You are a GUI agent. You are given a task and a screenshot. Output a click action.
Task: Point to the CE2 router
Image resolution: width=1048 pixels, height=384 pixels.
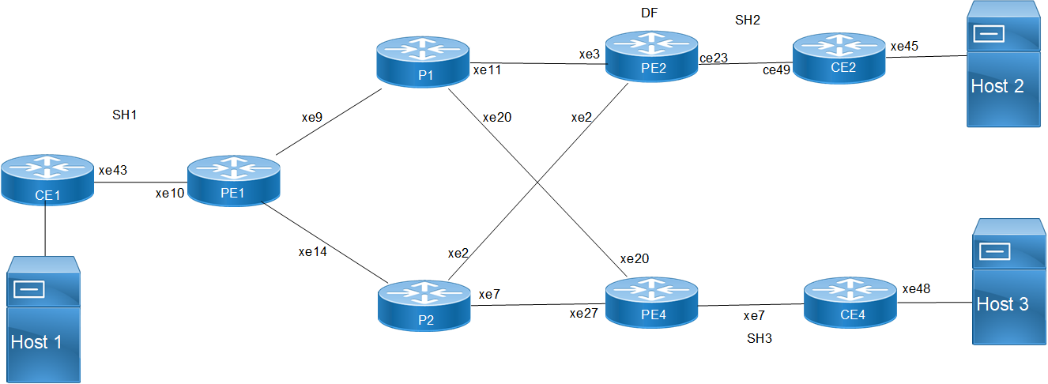point(839,57)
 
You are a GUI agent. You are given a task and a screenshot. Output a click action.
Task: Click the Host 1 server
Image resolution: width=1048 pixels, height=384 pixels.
point(45,319)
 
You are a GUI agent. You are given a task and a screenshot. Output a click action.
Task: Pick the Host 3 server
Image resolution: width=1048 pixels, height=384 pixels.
point(1009,281)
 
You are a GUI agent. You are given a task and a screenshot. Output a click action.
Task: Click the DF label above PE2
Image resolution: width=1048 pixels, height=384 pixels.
point(650,13)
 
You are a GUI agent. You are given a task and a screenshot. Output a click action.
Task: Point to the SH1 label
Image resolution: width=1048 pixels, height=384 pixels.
point(125,115)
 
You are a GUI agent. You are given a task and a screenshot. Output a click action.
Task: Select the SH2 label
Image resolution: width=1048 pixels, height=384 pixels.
point(747,21)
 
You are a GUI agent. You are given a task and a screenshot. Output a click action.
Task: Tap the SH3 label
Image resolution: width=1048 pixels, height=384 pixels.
point(759,339)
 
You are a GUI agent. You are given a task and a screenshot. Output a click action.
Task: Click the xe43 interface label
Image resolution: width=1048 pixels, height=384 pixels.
point(113,170)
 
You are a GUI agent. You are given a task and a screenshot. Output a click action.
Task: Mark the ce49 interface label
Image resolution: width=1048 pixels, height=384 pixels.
point(778,70)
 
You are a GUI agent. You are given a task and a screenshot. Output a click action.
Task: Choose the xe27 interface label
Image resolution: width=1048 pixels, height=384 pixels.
point(586,314)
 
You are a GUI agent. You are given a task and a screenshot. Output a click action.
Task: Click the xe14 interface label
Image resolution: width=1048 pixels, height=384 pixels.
point(312,252)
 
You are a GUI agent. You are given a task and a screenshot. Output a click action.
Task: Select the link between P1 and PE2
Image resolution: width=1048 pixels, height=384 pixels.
point(537,64)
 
